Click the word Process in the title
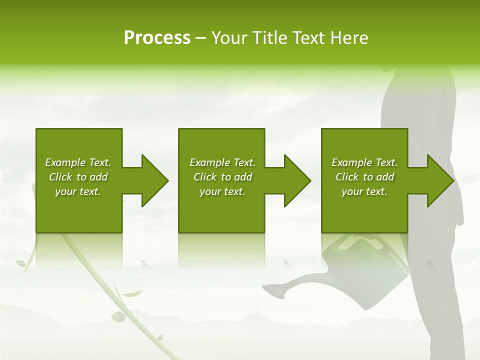tap(157, 38)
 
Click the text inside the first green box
tap(78, 177)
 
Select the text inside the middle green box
tap(222, 177)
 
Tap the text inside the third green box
tap(364, 177)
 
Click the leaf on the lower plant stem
tap(118, 316)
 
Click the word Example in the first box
tap(65, 162)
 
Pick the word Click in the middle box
tap(205, 177)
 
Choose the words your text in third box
tap(364, 191)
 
